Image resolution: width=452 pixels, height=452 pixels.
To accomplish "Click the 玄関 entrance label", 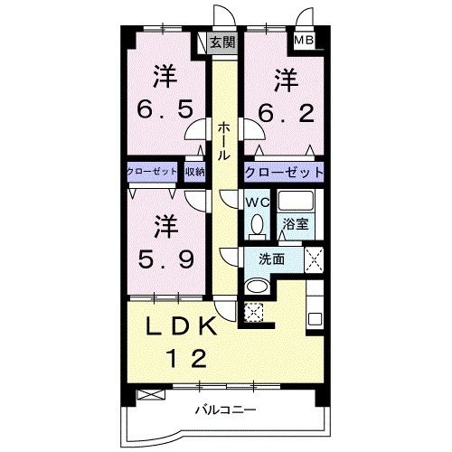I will click(222, 42).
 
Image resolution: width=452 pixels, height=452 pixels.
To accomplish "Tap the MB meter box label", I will click(301, 41).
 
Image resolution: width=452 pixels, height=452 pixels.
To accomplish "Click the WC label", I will click(255, 202).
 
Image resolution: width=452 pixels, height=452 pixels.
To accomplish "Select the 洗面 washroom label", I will click(272, 259).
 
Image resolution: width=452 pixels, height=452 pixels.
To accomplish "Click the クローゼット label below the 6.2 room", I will click(282, 172).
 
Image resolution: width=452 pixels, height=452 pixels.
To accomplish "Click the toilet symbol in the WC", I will click(256, 224).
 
